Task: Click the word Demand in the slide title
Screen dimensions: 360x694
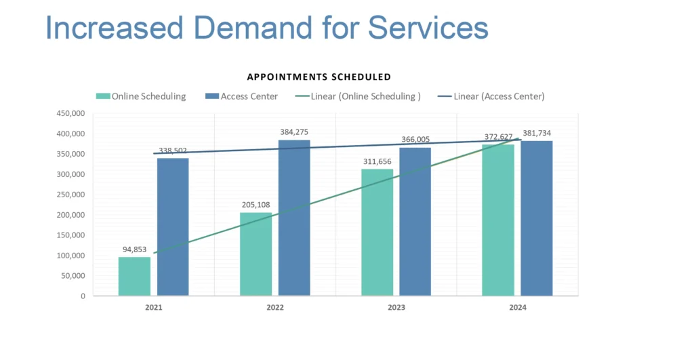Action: (x=238, y=28)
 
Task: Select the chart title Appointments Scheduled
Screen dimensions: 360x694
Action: (x=319, y=77)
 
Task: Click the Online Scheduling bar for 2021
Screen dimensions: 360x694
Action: (x=134, y=276)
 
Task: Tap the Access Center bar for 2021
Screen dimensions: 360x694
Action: (x=173, y=227)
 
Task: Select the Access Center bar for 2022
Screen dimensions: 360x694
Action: (x=294, y=218)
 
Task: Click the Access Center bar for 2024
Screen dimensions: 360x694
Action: (x=536, y=218)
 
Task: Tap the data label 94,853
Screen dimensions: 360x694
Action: (x=134, y=249)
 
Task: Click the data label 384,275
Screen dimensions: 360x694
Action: (x=294, y=132)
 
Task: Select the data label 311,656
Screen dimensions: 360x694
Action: (x=377, y=161)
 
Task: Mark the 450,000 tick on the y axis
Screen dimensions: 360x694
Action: (x=70, y=114)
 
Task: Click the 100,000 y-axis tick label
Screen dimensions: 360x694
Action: (x=70, y=256)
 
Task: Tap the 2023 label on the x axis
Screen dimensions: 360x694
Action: (x=396, y=308)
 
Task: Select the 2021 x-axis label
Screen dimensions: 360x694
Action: (x=154, y=308)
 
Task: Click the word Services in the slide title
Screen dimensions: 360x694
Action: (x=428, y=28)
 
